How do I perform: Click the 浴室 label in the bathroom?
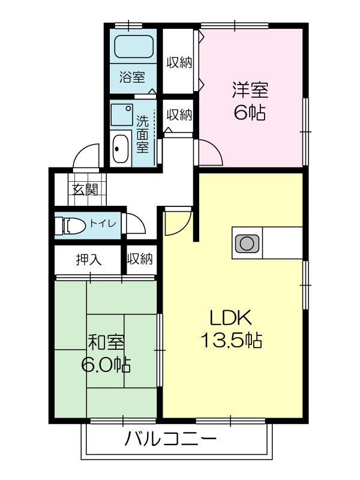[x=132, y=77]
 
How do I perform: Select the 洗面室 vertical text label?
[x=143, y=133]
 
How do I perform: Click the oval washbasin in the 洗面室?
[x=120, y=148]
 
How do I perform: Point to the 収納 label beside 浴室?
[x=179, y=62]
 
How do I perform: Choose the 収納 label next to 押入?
[x=140, y=259]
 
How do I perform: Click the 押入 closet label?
[x=88, y=259]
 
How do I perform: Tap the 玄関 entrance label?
[x=85, y=190]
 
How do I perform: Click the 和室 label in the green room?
[x=107, y=342]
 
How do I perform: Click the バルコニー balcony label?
[x=170, y=440]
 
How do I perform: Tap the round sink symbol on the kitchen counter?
[x=246, y=243]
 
